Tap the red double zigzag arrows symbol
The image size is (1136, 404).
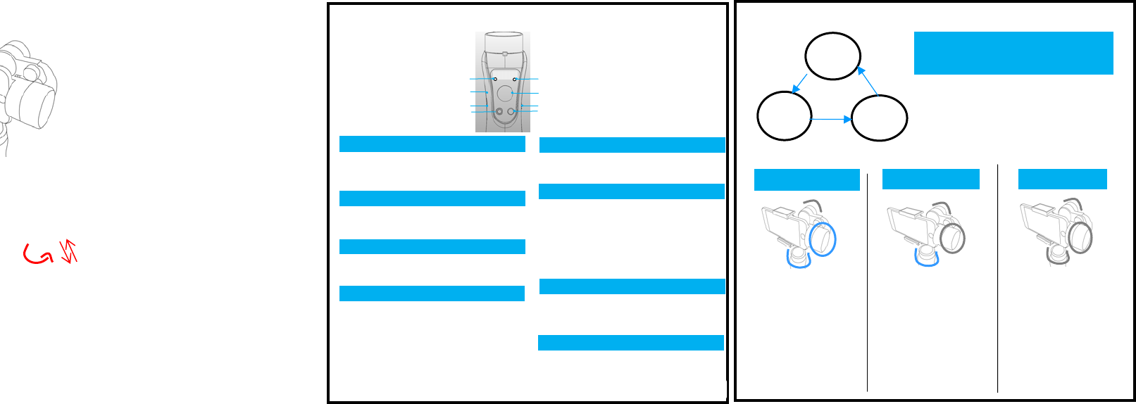pyautogui.click(x=69, y=251)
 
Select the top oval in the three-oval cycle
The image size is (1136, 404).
pyautogui.click(x=832, y=56)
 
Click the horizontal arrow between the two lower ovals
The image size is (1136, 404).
pyautogui.click(x=832, y=120)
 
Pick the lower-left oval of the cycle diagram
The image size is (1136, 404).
pyautogui.click(x=784, y=116)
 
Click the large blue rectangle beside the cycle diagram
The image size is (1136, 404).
pyautogui.click(x=1013, y=53)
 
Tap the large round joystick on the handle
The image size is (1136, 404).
pyautogui.click(x=505, y=93)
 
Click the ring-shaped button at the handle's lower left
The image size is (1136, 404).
pyautogui.click(x=499, y=112)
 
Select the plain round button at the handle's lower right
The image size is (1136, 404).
pyautogui.click(x=511, y=112)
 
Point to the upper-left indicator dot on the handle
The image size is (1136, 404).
pyautogui.click(x=495, y=80)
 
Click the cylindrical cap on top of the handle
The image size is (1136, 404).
pyautogui.click(x=504, y=41)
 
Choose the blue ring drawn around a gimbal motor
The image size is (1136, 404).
pyautogui.click(x=822, y=239)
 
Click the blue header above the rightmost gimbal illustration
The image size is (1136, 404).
pyautogui.click(x=1062, y=179)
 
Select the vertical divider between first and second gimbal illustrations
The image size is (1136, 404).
pyautogui.click(x=867, y=282)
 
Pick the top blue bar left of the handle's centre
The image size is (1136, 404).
pyautogui.click(x=432, y=144)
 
